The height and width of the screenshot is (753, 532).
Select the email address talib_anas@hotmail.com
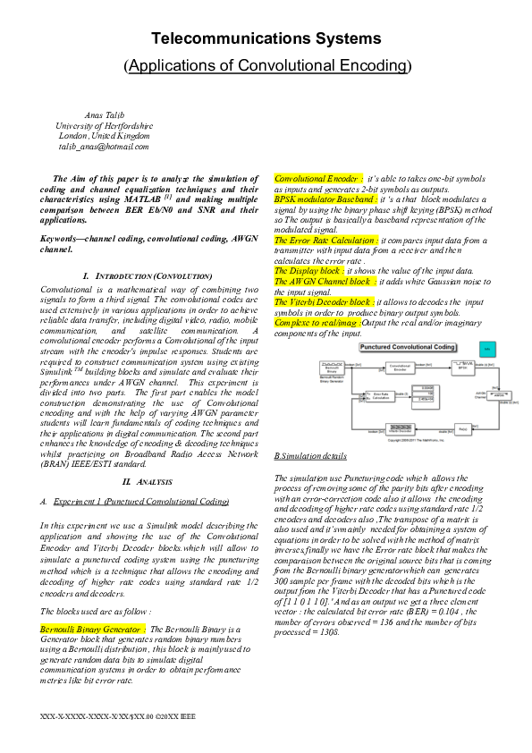pyautogui.click(x=104, y=146)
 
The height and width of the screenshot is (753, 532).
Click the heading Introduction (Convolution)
pyautogui.click(x=148, y=276)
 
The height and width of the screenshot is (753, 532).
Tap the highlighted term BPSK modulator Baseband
pyautogui.click(x=325, y=199)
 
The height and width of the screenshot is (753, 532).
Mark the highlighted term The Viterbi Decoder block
pyautogui.click(x=324, y=302)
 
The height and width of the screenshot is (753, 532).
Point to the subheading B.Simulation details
pyautogui.click(x=310, y=456)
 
